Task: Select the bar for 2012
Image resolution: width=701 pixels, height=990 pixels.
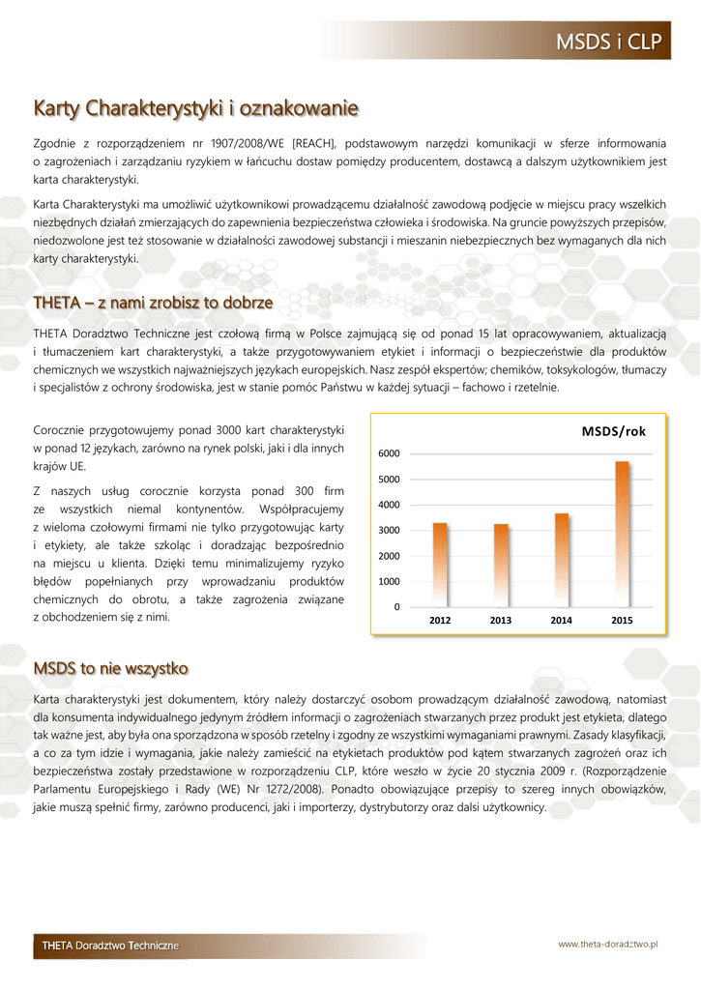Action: pyautogui.click(x=440, y=565)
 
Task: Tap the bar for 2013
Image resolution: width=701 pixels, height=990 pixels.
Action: pyautogui.click(x=501, y=565)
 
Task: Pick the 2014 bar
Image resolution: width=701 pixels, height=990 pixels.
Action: pyautogui.click(x=562, y=560)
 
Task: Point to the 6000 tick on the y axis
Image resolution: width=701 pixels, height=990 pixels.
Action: pyautogui.click(x=389, y=453)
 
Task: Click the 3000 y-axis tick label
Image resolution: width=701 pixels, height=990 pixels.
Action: pyautogui.click(x=389, y=531)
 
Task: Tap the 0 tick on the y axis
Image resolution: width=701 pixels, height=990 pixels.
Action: pyautogui.click(x=396, y=607)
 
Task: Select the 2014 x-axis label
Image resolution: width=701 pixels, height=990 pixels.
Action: pyautogui.click(x=562, y=621)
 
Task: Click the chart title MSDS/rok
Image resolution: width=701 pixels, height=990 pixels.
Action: pyautogui.click(x=613, y=431)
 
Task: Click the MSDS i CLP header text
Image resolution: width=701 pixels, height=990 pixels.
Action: pyautogui.click(x=606, y=43)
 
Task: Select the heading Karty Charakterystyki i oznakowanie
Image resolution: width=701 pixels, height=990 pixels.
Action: pyautogui.click(x=196, y=106)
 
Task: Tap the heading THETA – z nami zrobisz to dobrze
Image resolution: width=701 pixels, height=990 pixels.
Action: pyautogui.click(x=153, y=303)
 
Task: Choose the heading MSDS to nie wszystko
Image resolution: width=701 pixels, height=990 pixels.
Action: pyautogui.click(x=111, y=668)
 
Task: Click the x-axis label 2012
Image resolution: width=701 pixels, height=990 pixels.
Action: pyautogui.click(x=440, y=621)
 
